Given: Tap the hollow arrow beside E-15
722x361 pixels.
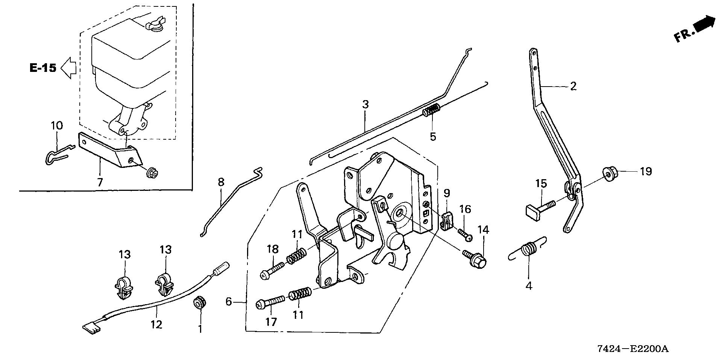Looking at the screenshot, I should click(x=69, y=68).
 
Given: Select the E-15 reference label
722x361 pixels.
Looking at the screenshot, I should click(x=43, y=68).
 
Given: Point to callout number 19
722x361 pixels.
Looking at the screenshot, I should click(x=646, y=172).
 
